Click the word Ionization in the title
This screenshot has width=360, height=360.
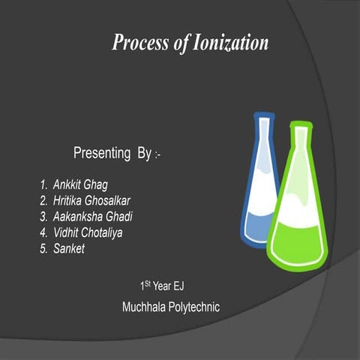click(x=229, y=43)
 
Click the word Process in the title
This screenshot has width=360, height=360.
click(x=140, y=43)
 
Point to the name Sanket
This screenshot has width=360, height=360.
click(x=69, y=249)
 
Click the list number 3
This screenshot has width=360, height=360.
click(x=43, y=217)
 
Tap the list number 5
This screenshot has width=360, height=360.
click(x=43, y=249)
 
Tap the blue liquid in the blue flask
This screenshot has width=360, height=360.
click(x=257, y=221)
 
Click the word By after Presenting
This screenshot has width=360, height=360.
click(x=145, y=154)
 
